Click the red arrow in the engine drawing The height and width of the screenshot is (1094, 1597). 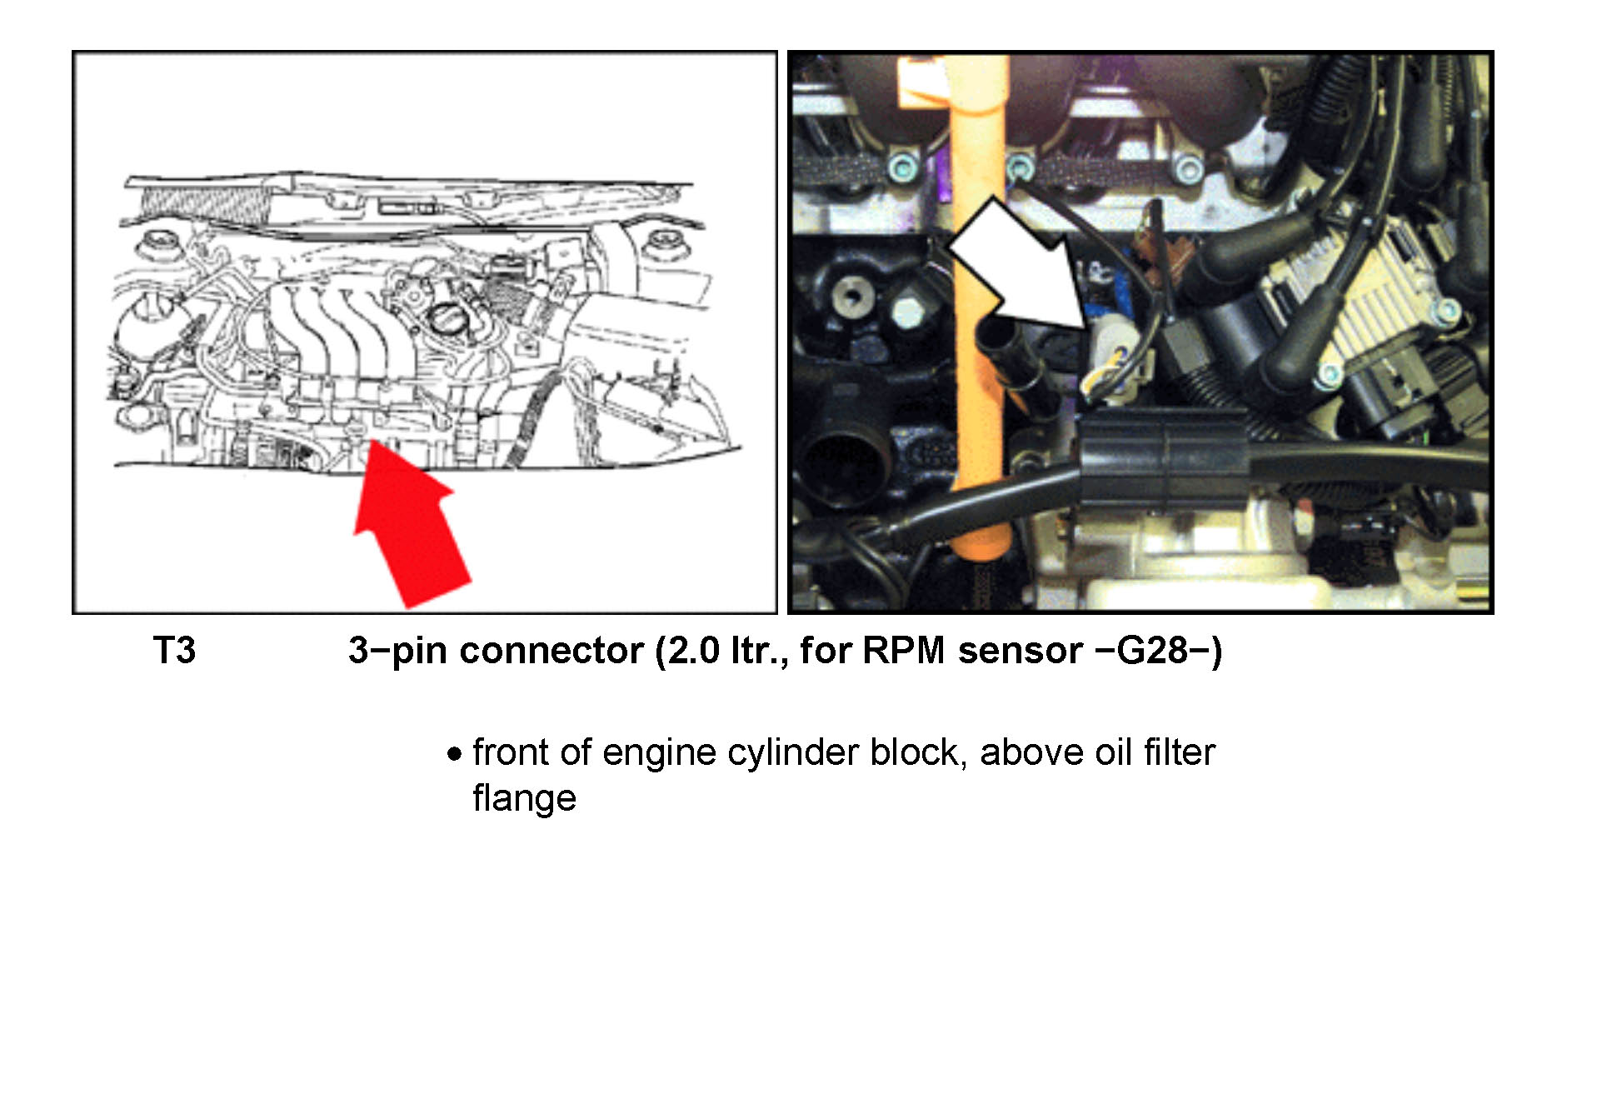coord(408,525)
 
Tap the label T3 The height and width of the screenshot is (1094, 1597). coord(174,651)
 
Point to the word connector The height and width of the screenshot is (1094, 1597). coord(551,651)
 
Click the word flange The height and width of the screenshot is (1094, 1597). coord(524,797)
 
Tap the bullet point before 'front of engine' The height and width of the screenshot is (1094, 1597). coord(454,755)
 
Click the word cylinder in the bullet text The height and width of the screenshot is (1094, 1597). coord(794,753)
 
